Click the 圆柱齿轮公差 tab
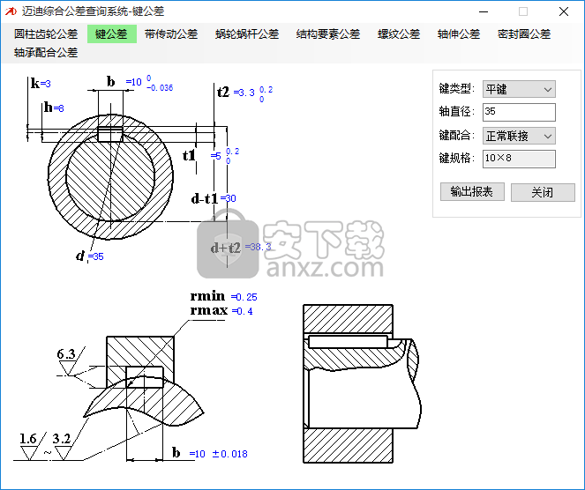(46, 34)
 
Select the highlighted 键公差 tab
(111, 34)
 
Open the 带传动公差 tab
(171, 34)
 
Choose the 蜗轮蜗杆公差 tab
(247, 34)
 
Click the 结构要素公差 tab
(328, 34)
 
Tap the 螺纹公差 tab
(399, 34)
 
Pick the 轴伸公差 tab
(459, 34)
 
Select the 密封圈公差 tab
(524, 34)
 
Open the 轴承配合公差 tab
(46, 53)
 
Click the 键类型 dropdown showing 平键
(519, 89)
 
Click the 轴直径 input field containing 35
(519, 112)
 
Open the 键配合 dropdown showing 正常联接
(519, 136)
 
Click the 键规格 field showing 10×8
(519, 159)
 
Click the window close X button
(563, 11)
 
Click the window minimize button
(483, 11)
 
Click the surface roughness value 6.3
(66, 354)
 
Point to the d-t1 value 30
(231, 199)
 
